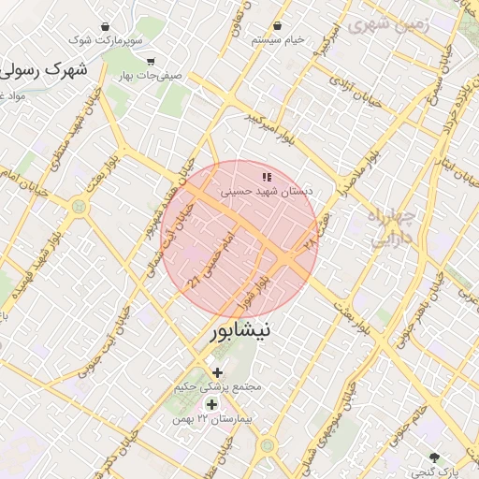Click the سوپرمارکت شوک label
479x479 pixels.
(110, 40)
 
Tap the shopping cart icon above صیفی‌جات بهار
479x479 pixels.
(151, 62)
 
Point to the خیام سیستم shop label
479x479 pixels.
(278, 40)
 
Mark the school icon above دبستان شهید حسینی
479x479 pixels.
(267, 175)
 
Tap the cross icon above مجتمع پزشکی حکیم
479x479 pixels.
(218, 372)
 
